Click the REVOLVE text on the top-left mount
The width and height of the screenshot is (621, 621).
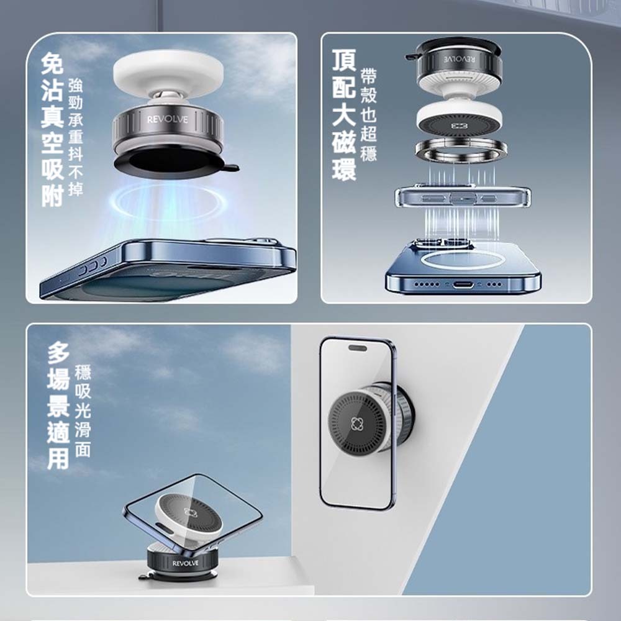pyautogui.click(x=168, y=119)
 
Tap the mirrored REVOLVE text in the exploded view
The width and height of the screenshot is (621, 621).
pyautogui.click(x=459, y=59)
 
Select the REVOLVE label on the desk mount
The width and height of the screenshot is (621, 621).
pyautogui.click(x=185, y=563)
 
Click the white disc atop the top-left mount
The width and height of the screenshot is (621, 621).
pyautogui.click(x=168, y=72)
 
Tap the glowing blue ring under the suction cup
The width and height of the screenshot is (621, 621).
pyautogui.click(x=168, y=202)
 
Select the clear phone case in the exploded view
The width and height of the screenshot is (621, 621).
pyautogui.click(x=463, y=197)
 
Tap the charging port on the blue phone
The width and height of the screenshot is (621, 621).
pyautogui.click(x=463, y=284)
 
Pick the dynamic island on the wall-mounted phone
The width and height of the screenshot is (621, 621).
pyautogui.click(x=357, y=348)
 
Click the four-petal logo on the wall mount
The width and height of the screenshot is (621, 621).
pyautogui.click(x=356, y=424)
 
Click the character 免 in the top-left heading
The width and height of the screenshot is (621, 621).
pyautogui.click(x=52, y=63)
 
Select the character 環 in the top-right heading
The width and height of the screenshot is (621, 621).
pyautogui.click(x=344, y=170)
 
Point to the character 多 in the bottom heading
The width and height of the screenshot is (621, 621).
pyautogui.click(x=58, y=353)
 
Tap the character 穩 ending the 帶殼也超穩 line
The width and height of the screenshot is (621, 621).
pyautogui.click(x=368, y=153)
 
